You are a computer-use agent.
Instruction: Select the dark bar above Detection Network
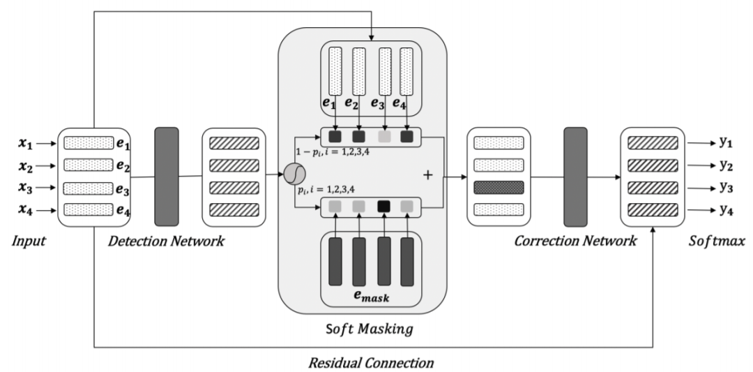pos(167,176)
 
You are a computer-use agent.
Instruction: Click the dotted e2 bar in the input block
pos(89,165)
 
